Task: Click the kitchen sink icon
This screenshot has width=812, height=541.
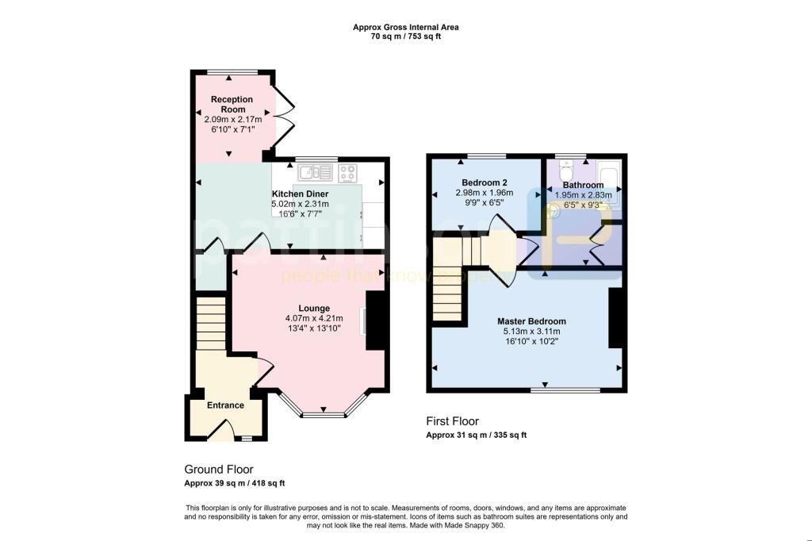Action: click(x=315, y=172)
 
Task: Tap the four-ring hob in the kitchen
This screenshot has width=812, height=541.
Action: click(x=348, y=172)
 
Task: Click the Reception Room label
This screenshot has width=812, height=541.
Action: click(x=232, y=104)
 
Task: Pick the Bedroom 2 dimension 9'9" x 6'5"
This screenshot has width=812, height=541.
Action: click(x=484, y=202)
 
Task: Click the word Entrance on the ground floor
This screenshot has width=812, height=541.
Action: click(x=225, y=405)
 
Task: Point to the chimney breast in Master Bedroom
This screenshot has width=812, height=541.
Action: click(x=615, y=318)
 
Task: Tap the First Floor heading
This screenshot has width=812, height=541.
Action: click(x=452, y=421)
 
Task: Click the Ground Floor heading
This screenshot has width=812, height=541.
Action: click(x=218, y=470)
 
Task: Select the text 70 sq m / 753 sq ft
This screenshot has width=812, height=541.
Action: click(x=405, y=36)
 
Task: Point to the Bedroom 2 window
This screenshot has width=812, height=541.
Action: click(x=486, y=155)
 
